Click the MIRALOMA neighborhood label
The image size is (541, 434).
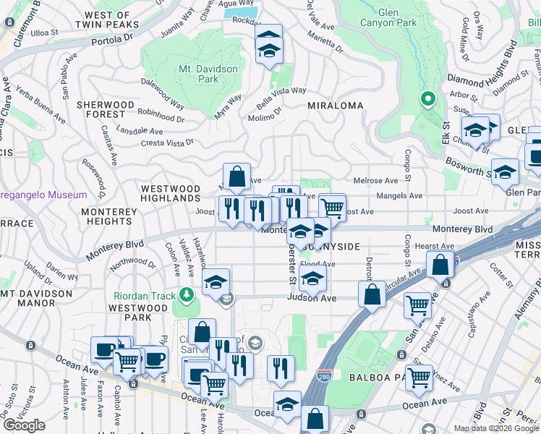[x=335, y=106]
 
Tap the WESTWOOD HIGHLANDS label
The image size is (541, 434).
[x=170, y=192]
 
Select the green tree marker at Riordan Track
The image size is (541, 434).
[x=187, y=294]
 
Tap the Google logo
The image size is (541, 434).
[x=24, y=425]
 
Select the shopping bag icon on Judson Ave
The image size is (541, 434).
[x=372, y=294]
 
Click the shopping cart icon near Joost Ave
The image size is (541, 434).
[x=332, y=207]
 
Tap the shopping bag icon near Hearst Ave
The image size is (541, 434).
[x=440, y=265]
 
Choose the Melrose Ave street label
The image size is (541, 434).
[x=375, y=181]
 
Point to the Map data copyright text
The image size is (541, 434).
[x=496, y=428]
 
